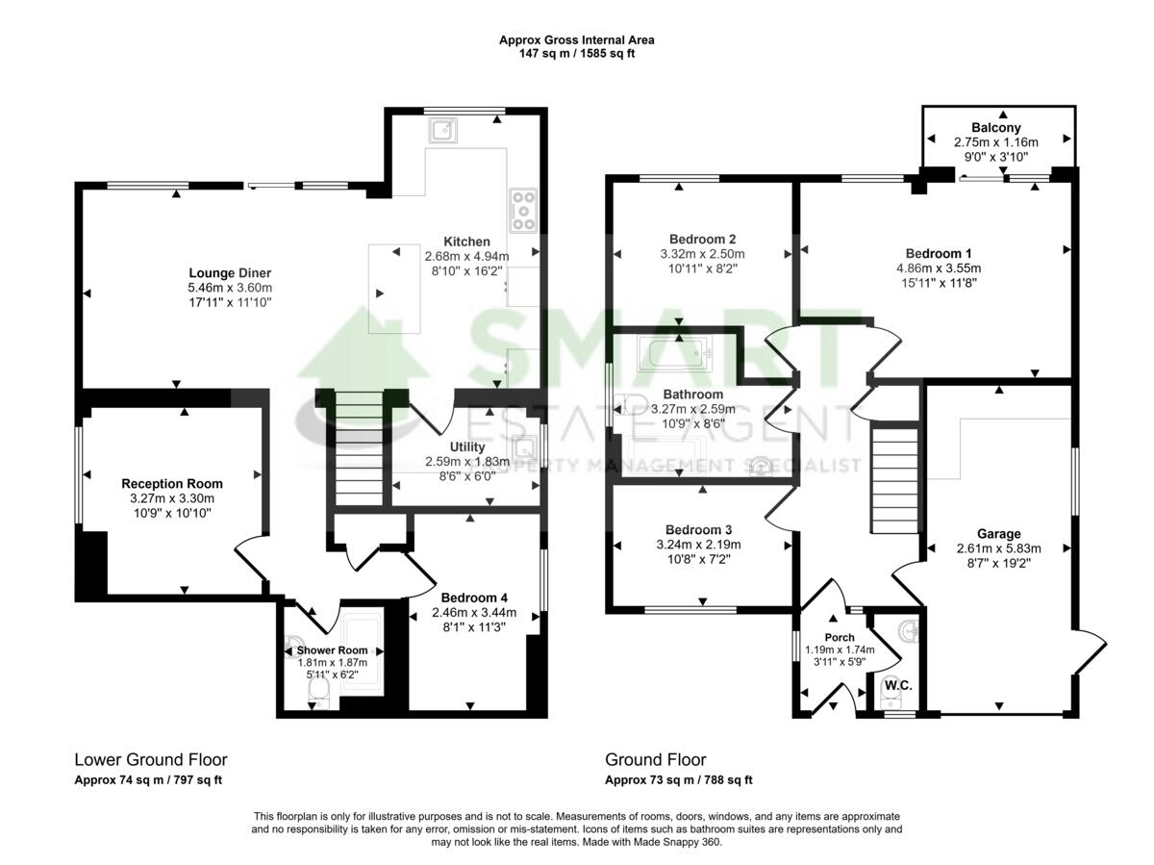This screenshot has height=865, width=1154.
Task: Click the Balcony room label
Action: [995, 127]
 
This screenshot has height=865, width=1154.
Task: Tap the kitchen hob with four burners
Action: [523, 210]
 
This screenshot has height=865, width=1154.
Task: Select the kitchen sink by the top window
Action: [443, 128]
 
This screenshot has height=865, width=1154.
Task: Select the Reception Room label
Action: [171, 483]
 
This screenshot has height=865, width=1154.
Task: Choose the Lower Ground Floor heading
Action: [151, 760]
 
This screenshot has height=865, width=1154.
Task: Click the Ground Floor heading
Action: [655, 760]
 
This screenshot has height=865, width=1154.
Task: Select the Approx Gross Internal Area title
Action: [576, 40]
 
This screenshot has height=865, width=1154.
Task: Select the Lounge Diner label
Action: [230, 272]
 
